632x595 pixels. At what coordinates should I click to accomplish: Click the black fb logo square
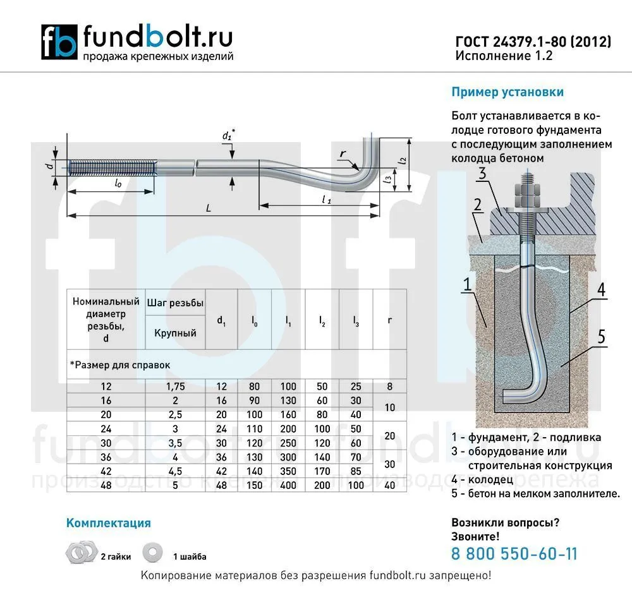pos(59,42)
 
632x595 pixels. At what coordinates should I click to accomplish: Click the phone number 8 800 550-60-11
pos(514,553)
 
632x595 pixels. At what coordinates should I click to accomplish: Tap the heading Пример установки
pos(507,92)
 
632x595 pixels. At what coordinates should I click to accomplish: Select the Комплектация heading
pos(109,523)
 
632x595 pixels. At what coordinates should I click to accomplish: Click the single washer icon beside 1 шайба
pos(152,553)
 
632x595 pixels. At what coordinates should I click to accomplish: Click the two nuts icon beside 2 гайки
pos(81,552)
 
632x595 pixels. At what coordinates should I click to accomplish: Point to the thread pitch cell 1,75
pos(175,387)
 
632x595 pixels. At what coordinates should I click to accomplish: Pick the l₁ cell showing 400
pos(288,485)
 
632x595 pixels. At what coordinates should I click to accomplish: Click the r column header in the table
pos(389,320)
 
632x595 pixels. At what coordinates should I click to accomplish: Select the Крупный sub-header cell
pos(175,333)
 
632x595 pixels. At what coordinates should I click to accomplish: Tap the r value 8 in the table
pos(389,387)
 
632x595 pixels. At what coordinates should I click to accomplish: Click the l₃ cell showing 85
pos(356,471)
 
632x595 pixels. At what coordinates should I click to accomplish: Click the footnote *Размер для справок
pos(120,365)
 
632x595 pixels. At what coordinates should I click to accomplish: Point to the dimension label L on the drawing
pos(209,208)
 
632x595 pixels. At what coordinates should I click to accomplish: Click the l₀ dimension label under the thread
pos(118,184)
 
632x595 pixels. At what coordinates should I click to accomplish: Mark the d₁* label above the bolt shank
pos(229,135)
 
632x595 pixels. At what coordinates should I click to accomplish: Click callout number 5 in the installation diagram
pos(602,337)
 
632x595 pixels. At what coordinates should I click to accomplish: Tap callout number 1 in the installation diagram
pos(468,284)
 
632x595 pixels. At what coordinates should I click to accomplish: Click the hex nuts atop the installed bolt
pos(528,196)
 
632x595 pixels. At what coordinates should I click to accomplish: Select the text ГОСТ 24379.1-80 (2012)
pos(533,42)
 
